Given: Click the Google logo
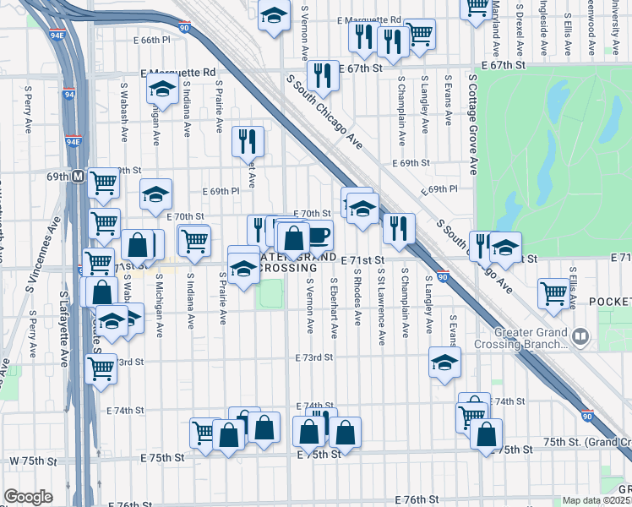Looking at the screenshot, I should click(x=28, y=497).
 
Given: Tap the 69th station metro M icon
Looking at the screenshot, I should click(x=77, y=177).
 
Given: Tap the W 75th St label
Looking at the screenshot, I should click(x=33, y=461).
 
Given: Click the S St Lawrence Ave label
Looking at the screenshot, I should click(x=382, y=308).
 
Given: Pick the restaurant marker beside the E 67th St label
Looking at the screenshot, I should click(x=323, y=75).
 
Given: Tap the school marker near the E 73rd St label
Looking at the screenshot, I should click(x=444, y=362).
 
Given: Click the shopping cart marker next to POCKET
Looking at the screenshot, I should click(x=554, y=292).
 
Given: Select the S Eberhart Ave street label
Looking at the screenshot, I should click(x=335, y=308).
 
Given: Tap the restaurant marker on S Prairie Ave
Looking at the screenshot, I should click(x=248, y=141).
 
